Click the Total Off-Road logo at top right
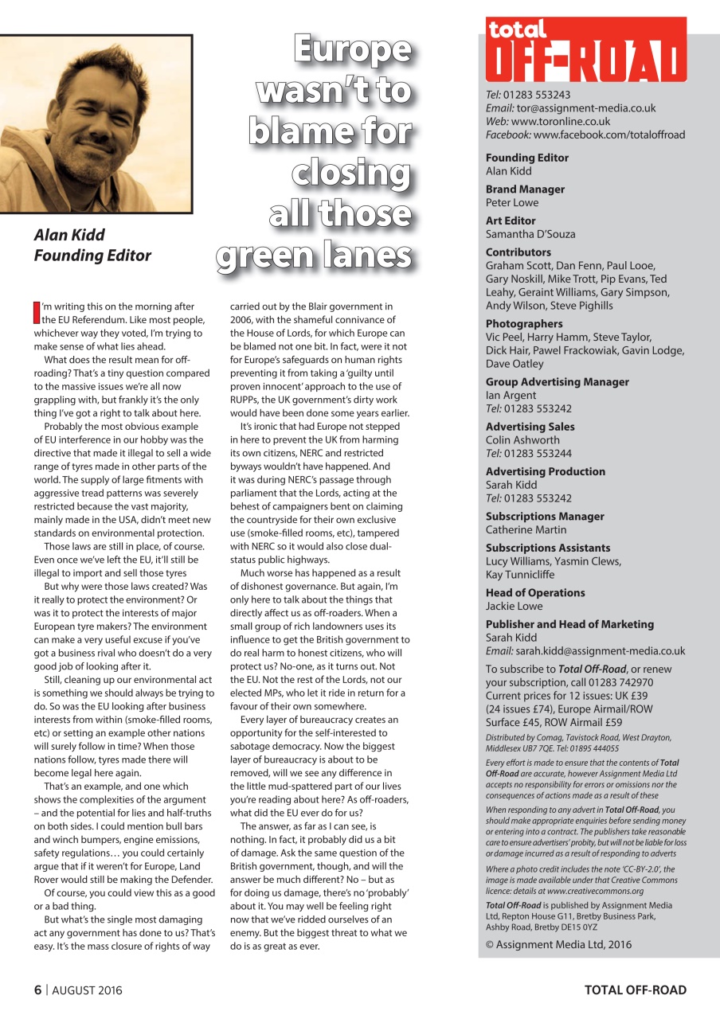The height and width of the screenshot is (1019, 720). point(585,49)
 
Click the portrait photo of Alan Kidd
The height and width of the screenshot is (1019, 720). point(96,123)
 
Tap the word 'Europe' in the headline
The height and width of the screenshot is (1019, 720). point(351,49)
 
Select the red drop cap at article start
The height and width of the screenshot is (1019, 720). point(37,312)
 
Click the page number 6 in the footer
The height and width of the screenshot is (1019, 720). point(37,990)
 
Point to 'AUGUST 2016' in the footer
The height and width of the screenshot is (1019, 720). point(88,990)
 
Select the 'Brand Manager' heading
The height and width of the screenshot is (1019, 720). point(525,189)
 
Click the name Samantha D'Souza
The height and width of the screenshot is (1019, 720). point(530,234)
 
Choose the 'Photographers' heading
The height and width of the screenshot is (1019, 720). point(524,324)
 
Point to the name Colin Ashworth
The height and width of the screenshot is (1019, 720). point(522,439)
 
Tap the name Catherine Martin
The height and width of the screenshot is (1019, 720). point(526,529)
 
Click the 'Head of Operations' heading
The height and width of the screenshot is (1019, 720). point(534,592)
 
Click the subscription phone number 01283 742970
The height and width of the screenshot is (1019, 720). point(626,682)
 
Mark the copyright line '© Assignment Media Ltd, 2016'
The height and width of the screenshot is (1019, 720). point(558,944)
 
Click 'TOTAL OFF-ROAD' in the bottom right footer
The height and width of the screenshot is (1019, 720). point(635,990)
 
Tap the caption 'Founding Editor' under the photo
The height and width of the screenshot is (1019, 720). point(92,256)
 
